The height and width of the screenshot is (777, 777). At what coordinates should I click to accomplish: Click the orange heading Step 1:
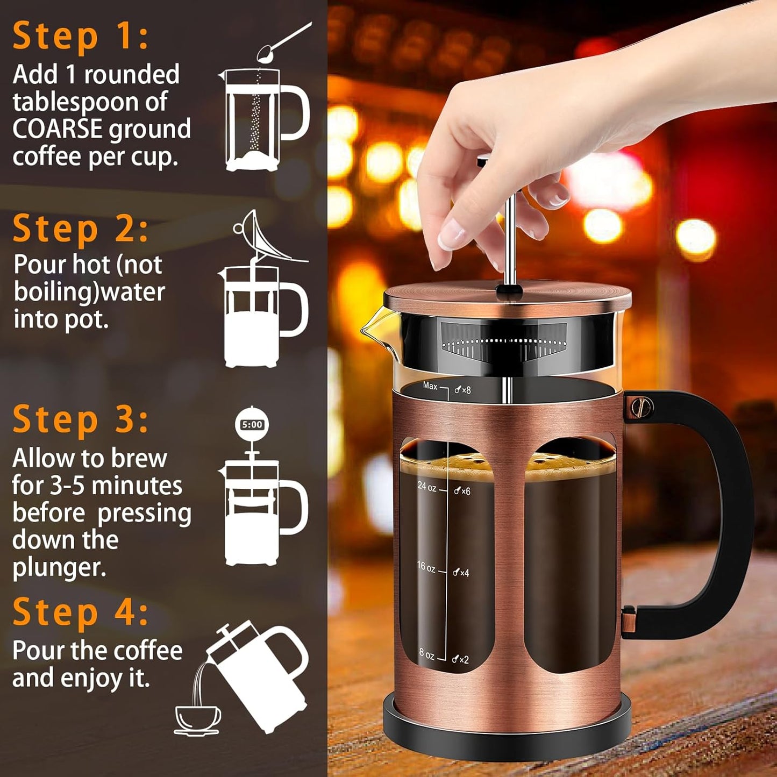(x=81, y=37)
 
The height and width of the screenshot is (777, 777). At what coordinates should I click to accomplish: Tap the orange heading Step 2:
(x=81, y=229)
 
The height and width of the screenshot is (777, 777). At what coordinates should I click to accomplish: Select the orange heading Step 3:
(x=81, y=419)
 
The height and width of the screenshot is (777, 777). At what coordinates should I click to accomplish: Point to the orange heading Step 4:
(x=81, y=612)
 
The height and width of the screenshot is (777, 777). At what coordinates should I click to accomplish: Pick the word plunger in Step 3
(x=59, y=568)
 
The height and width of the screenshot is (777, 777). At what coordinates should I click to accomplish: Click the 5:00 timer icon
(x=252, y=425)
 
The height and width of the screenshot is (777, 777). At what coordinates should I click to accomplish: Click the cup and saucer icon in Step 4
(x=197, y=719)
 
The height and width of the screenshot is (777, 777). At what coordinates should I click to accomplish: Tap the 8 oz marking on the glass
(x=427, y=654)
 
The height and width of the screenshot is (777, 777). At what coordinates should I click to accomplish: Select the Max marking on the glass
(x=430, y=386)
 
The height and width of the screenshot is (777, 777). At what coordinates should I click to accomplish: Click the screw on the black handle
(x=643, y=407)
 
